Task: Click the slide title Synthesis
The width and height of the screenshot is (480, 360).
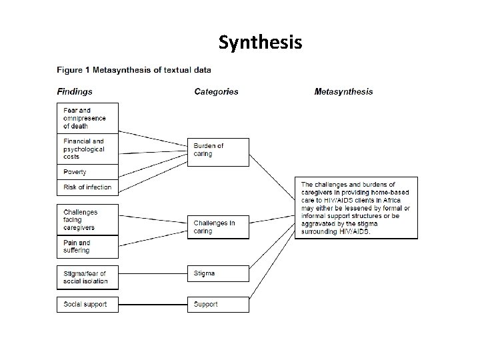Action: (260, 43)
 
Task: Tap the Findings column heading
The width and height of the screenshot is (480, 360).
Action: (75, 92)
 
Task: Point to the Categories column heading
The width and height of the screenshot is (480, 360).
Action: (216, 92)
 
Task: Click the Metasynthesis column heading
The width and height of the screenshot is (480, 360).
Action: (343, 92)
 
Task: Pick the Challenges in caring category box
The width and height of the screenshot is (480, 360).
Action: (218, 227)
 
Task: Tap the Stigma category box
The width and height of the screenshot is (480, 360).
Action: (218, 273)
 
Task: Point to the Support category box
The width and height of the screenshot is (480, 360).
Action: (218, 304)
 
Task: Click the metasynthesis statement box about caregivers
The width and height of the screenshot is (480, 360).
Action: (356, 207)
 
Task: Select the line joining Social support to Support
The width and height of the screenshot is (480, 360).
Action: (153, 304)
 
